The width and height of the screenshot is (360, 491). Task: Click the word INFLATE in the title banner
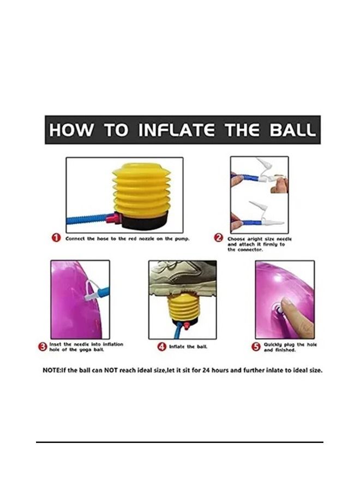pyautogui.click(x=177, y=130)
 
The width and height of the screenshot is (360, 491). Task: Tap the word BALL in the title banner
pyautogui.click(x=292, y=130)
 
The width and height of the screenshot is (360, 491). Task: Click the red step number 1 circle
pyautogui.click(x=56, y=238)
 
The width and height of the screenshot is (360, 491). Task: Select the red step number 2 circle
pyautogui.click(x=218, y=238)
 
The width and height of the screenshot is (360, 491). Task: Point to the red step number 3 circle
pyautogui.click(x=42, y=347)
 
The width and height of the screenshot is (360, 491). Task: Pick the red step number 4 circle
pyautogui.click(x=161, y=346)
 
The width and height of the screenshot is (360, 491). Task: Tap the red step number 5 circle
pyautogui.click(x=256, y=346)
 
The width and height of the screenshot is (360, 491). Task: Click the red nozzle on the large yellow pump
pyautogui.click(x=113, y=218)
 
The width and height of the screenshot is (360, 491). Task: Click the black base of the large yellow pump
pyautogui.click(x=145, y=221)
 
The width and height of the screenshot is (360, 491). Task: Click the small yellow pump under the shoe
pyautogui.click(x=183, y=308)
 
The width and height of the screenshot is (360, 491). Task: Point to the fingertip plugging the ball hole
pyautogui.click(x=286, y=303)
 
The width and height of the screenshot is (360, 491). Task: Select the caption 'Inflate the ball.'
pyautogui.click(x=188, y=346)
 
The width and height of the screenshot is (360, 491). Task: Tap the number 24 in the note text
pyautogui.click(x=206, y=370)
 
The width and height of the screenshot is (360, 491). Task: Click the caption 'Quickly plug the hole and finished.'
pyautogui.click(x=290, y=347)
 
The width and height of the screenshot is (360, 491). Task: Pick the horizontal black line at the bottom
pyautogui.click(x=179, y=442)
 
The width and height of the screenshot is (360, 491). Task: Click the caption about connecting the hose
pyautogui.click(x=128, y=238)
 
